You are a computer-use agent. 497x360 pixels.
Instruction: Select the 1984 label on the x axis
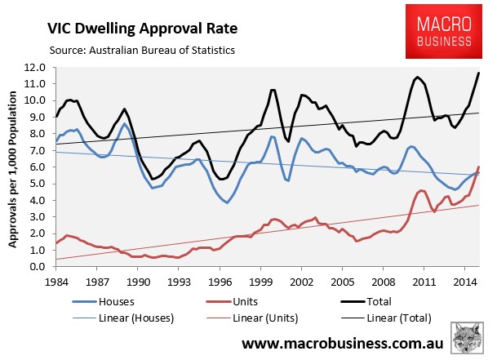pyautogui.click(x=56, y=282)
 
